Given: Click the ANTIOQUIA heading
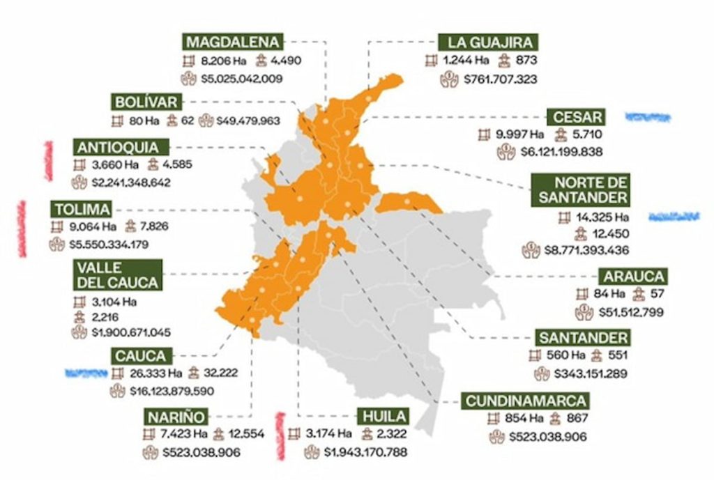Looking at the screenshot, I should [123, 147].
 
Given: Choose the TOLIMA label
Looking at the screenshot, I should [82, 209].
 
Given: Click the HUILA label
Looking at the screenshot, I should [383, 417].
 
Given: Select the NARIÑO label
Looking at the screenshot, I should [176, 417].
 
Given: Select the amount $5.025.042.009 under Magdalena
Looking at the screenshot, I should [241, 79].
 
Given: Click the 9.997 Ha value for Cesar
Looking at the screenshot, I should [519, 134].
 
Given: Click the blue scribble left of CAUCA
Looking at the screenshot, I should [85, 373].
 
